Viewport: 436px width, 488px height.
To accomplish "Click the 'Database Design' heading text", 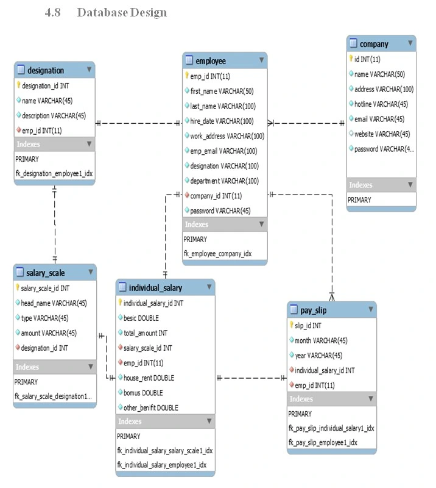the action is point(122,12).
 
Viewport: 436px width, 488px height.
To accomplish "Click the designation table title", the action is point(46,70).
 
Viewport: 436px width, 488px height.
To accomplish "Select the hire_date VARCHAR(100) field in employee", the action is point(222,121).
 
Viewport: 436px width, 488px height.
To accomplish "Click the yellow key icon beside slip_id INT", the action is point(291,325).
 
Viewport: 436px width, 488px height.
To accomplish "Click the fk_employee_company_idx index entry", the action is point(217,254).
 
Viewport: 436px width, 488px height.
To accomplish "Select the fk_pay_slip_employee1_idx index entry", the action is point(323,442).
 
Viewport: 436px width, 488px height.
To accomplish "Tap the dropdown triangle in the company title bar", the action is point(410,43).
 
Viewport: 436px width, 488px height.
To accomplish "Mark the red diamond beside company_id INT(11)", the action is point(187,195).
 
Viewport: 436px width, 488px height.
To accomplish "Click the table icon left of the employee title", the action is point(189,60).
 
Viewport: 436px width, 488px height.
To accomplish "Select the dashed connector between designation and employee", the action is point(138,123).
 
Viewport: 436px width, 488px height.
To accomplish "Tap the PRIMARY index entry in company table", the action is point(359,200).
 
